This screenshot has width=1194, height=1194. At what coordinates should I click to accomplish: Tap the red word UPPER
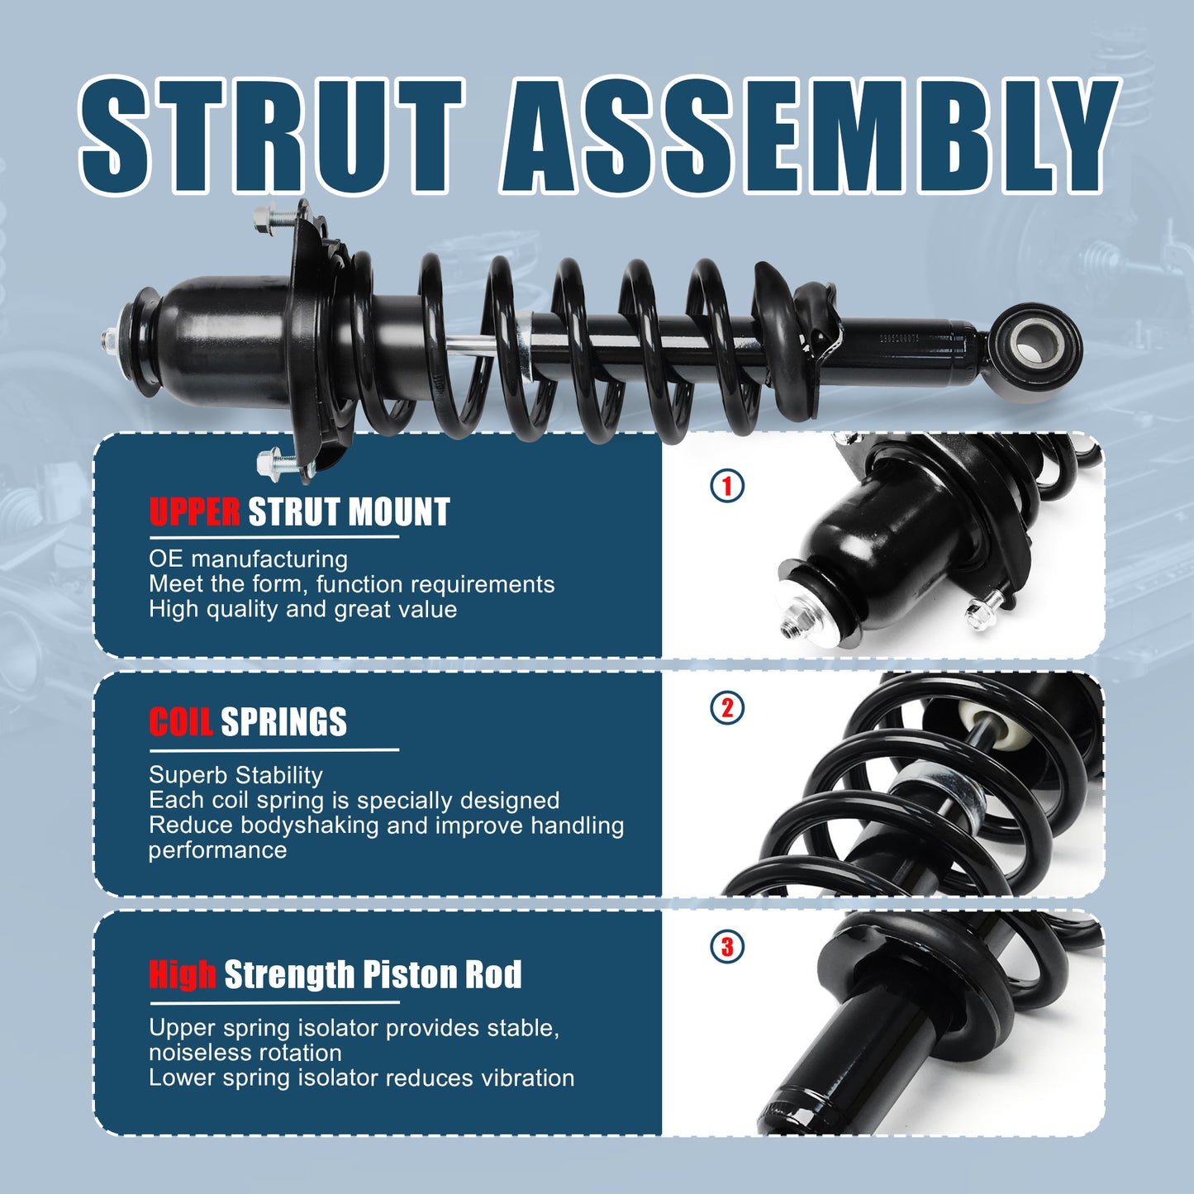[x=195, y=512]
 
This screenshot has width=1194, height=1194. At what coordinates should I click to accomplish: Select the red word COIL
[x=181, y=722]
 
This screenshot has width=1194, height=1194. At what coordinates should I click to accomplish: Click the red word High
[x=183, y=974]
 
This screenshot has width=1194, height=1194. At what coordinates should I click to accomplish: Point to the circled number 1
[x=727, y=486]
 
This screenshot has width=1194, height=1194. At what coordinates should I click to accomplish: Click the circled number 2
[x=727, y=708]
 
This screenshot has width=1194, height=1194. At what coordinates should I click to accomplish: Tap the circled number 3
[x=727, y=947]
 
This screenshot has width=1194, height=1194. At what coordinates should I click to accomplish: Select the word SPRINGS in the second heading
[x=283, y=722]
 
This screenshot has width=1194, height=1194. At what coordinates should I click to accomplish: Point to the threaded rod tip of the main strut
[x=107, y=339]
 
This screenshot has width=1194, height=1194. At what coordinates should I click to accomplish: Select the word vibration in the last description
[x=523, y=1077]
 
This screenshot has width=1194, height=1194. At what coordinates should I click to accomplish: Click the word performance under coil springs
[x=217, y=850]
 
